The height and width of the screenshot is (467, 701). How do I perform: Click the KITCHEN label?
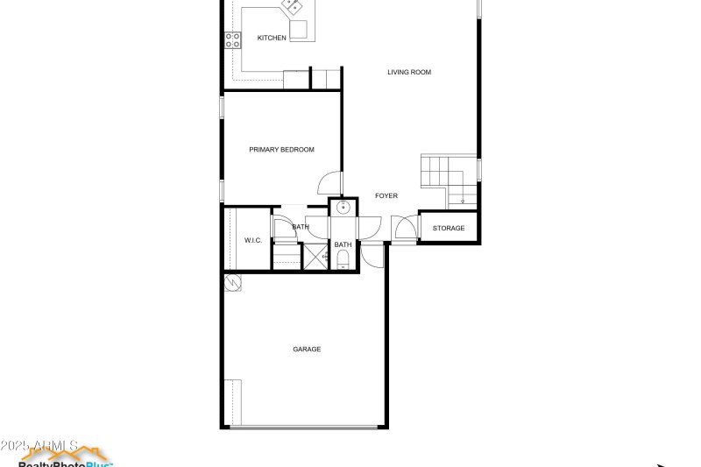[x=272, y=38]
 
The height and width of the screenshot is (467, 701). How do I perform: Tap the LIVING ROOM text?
[x=409, y=72]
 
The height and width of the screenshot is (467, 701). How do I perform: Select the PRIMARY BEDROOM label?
[x=281, y=150]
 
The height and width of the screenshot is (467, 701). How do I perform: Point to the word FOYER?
[x=386, y=196]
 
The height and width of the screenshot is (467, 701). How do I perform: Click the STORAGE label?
[x=449, y=229]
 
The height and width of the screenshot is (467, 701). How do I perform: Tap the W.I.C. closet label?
[x=252, y=240]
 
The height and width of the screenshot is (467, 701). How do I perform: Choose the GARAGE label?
[x=307, y=350]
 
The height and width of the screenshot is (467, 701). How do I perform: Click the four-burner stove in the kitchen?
[x=234, y=39]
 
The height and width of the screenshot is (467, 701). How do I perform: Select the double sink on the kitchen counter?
[x=292, y=6]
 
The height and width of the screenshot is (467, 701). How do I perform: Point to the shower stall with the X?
[x=315, y=257]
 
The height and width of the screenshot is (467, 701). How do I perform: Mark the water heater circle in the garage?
[x=233, y=283]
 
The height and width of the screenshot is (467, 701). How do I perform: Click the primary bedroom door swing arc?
[x=329, y=182]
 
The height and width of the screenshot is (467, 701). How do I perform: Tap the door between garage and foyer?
[x=372, y=256]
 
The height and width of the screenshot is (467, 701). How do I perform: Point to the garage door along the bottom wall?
[x=306, y=428]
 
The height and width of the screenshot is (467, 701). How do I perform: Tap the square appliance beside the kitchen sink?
[x=299, y=31]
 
